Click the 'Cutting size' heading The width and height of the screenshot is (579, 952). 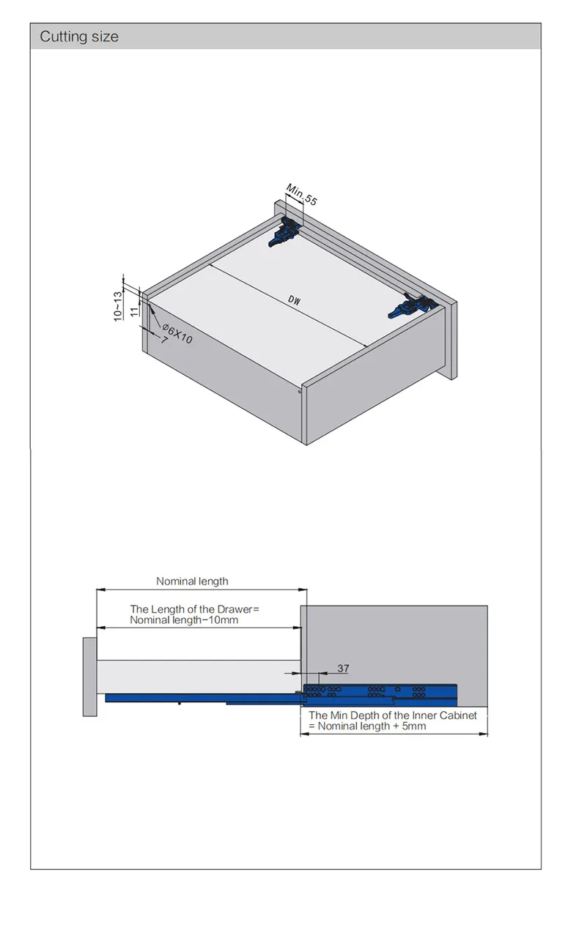tap(79, 37)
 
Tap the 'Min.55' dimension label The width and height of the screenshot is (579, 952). tap(302, 194)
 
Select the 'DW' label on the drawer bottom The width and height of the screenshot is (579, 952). tap(294, 300)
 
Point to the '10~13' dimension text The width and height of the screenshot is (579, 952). tap(118, 306)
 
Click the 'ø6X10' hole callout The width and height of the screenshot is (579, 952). tap(177, 334)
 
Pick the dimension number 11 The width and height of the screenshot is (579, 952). tap(134, 311)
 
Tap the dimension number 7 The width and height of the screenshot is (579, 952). tap(163, 340)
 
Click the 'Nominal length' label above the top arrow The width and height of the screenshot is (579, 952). tap(192, 581)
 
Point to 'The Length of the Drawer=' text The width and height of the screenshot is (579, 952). tap(194, 609)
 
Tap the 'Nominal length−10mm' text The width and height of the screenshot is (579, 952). tap(184, 620)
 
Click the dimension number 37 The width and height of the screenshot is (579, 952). tap(343, 669)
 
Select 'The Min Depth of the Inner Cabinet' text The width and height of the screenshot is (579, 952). tap(393, 715)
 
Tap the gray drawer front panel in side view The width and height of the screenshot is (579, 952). tap(89, 677)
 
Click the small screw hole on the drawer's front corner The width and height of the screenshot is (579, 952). tap(300, 392)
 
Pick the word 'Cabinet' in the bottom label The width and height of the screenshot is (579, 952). tap(458, 715)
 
